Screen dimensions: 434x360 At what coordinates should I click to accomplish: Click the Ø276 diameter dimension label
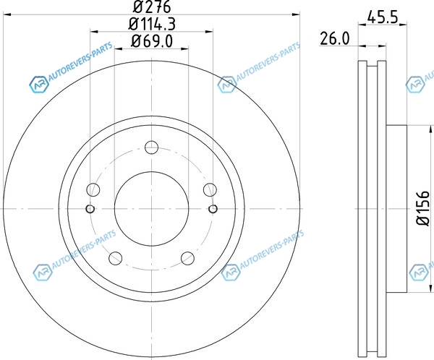pos(152,7)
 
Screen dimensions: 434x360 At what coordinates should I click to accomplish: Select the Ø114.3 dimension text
pos(152,24)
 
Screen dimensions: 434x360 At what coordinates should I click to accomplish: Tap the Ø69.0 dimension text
pos(152,41)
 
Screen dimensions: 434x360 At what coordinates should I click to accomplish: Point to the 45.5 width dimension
pos(382,17)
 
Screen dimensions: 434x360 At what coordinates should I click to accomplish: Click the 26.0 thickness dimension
pos(335,38)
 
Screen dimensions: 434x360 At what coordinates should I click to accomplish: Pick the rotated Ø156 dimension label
pos(423,208)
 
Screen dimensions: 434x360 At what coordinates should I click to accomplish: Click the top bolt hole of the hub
pos(151,147)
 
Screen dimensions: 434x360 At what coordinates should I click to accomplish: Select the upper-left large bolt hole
pos(93,190)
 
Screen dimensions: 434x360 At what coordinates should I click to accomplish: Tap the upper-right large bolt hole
pos(210,190)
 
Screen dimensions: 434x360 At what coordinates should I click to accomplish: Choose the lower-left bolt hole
pos(116,258)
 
